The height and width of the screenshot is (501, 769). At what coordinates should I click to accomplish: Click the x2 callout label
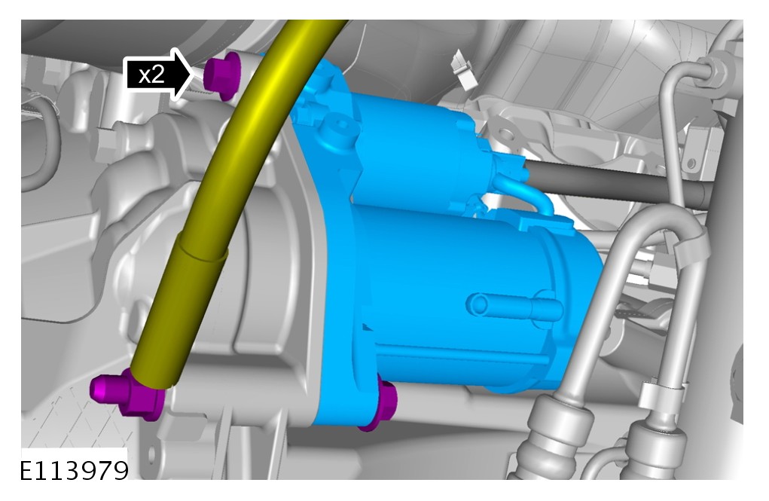click(151, 75)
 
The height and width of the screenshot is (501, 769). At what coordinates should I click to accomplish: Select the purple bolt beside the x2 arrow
click(221, 75)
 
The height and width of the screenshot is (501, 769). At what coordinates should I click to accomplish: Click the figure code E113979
click(75, 471)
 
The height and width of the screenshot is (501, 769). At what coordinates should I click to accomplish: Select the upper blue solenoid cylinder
click(417, 152)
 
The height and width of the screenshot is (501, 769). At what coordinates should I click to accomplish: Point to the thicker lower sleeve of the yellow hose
click(179, 314)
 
